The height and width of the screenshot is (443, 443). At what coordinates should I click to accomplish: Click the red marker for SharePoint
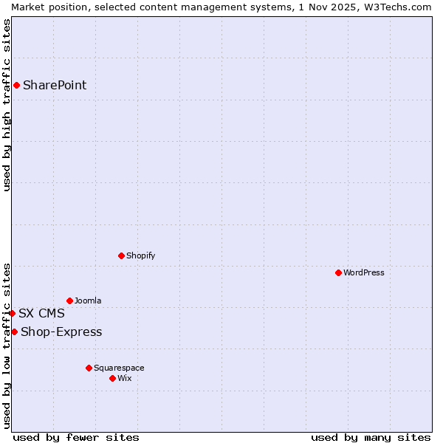pyautogui.click(x=16, y=85)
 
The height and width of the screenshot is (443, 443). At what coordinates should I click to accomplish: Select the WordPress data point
pyautogui.click(x=338, y=272)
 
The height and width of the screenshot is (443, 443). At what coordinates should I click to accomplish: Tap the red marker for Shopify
pyautogui.click(x=121, y=255)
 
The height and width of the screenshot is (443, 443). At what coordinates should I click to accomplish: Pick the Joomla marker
pyautogui.click(x=69, y=301)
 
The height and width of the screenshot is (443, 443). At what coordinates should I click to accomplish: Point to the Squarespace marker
pyautogui.click(x=89, y=368)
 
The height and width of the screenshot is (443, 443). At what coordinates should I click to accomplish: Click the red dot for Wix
pyautogui.click(x=112, y=378)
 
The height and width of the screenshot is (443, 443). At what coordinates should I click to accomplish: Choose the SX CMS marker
pyautogui.click(x=12, y=313)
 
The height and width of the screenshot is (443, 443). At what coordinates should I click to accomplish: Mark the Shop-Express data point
pyautogui.click(x=14, y=332)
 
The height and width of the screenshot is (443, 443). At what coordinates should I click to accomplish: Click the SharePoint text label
pyautogui.click(x=55, y=85)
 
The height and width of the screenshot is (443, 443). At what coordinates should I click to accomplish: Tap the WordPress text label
pyautogui.click(x=364, y=272)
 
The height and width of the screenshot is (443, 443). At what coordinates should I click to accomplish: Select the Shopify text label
pyautogui.click(x=140, y=255)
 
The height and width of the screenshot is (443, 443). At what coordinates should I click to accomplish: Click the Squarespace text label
pyautogui.click(x=119, y=368)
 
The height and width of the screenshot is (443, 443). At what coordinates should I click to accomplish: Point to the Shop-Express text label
pyautogui.click(x=61, y=332)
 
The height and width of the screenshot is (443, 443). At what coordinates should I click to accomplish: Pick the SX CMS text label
pyautogui.click(x=41, y=313)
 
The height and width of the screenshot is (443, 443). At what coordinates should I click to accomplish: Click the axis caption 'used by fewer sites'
pyautogui.click(x=76, y=437)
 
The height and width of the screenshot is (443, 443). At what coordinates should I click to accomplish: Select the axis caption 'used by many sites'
pyautogui.click(x=371, y=437)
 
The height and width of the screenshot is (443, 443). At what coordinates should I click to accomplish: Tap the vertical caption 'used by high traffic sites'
pyautogui.click(x=7, y=105)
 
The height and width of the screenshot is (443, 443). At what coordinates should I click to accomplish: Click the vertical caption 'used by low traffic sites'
pyautogui.click(x=7, y=346)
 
